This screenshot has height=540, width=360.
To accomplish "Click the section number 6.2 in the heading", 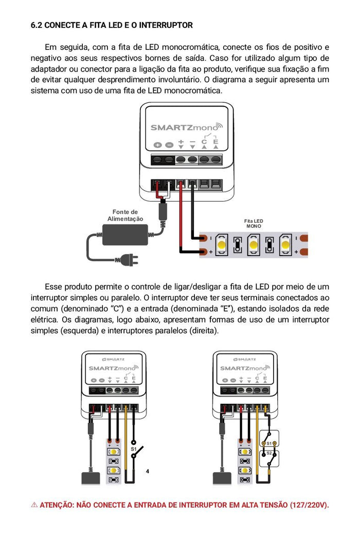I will click(x=37, y=25).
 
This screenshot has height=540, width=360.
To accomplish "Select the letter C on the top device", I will click(x=204, y=142).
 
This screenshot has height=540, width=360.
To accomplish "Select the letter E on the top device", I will click(x=215, y=142).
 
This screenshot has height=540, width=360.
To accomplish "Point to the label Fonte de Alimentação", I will click(x=125, y=215).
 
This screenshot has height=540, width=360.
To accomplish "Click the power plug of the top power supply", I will click(x=131, y=260).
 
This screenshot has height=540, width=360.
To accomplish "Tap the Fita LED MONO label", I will click(x=254, y=223).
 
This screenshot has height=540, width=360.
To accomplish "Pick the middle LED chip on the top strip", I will click(x=253, y=244).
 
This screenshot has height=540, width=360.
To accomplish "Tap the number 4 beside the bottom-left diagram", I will click(x=148, y=471).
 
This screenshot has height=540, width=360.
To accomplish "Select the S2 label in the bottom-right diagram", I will click(x=269, y=453).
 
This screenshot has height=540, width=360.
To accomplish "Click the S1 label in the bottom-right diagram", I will click(x=269, y=443).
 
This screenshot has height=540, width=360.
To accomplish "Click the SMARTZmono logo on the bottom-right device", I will click(x=244, y=368).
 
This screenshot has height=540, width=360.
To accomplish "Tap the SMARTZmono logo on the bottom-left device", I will click(x=112, y=368).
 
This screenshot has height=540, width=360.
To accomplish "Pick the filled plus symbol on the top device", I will click(x=157, y=145).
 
